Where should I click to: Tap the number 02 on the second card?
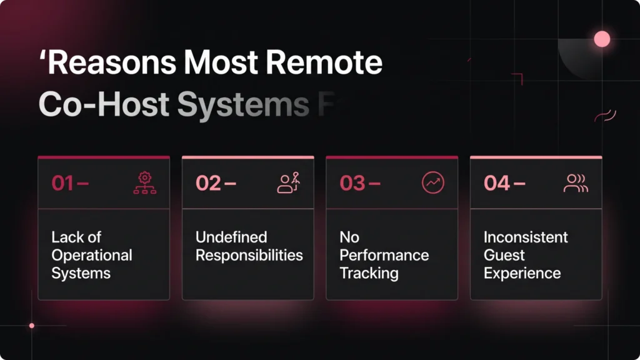[209, 183]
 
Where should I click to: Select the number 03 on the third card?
[352, 183]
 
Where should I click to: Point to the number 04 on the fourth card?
[497, 183]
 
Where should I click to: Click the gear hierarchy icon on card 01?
[144, 182]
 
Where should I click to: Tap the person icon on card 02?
[288, 182]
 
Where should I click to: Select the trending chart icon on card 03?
[432, 182]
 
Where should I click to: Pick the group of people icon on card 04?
[576, 182]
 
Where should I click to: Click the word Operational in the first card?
[92, 256]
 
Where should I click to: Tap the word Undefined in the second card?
[231, 237]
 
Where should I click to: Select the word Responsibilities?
[249, 256]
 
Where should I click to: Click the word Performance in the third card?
[384, 256]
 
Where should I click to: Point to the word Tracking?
[369, 273]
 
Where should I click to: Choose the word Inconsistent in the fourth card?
[526, 237]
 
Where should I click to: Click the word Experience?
[522, 273]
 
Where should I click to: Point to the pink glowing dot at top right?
[602, 39]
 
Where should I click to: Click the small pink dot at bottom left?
[32, 326]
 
